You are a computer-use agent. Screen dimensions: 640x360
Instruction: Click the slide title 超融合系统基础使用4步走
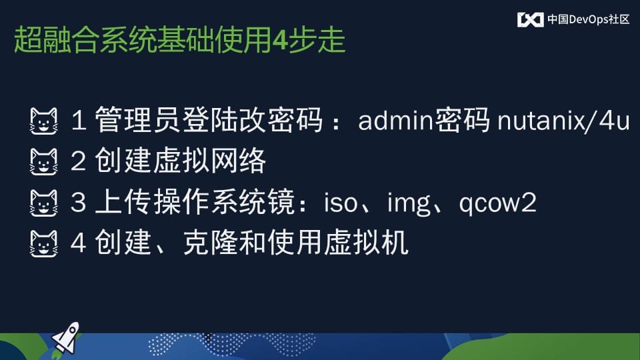(179, 40)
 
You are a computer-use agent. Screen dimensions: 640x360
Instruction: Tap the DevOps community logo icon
(530, 19)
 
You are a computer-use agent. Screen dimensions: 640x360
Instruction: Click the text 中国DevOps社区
(588, 19)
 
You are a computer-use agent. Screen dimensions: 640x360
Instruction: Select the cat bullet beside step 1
(44, 121)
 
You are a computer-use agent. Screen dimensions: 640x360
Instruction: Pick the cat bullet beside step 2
(44, 162)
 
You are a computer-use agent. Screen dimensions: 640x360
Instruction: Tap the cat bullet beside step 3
(44, 203)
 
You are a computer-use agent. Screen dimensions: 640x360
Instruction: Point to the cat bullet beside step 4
(44, 244)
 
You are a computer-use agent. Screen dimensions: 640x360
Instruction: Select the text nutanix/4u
(564, 121)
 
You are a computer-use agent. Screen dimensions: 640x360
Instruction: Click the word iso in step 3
(341, 203)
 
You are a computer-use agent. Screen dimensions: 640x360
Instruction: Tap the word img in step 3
(409, 204)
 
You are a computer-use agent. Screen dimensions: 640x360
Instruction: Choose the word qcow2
(497, 204)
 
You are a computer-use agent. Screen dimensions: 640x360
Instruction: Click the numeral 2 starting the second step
(78, 161)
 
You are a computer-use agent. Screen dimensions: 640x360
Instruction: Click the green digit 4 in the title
(280, 41)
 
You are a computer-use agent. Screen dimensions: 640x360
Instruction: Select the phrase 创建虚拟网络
(181, 161)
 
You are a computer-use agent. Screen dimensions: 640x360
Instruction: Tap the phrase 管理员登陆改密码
(209, 120)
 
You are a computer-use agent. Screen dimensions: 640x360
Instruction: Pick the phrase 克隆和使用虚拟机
(296, 243)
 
